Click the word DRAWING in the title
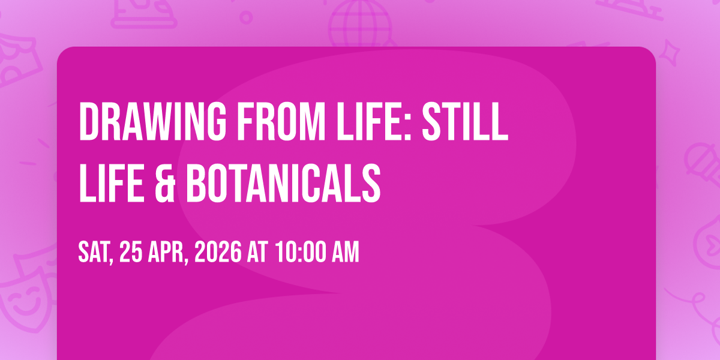tap(152, 121)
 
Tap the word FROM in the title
tap(281, 121)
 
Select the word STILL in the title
tap(465, 121)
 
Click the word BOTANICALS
tap(283, 183)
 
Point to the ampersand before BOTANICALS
tap(165, 183)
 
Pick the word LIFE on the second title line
tap(111, 183)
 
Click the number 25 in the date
tap(131, 252)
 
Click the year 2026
tap(218, 252)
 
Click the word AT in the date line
tap(257, 252)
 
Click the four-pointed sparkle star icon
tap(669, 53)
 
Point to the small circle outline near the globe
tap(246, 17)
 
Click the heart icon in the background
tap(713, 245)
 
